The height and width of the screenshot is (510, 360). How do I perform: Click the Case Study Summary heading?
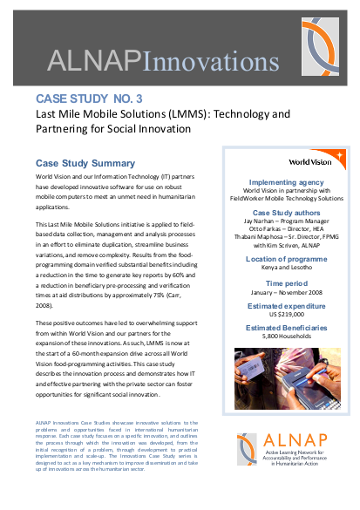coord(85,163)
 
